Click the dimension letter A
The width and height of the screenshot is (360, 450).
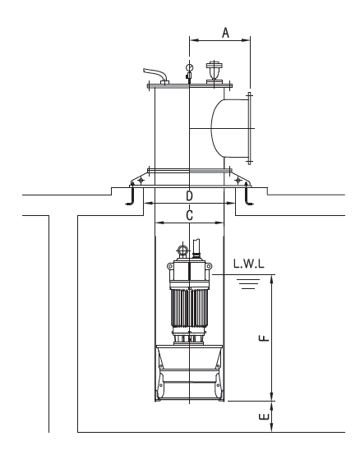(225, 32)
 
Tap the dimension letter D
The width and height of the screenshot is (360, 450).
(189, 195)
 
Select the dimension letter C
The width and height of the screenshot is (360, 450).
(189, 215)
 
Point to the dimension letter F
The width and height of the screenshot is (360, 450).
(264, 337)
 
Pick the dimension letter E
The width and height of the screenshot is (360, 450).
(264, 416)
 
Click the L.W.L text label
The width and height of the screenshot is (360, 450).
(249, 264)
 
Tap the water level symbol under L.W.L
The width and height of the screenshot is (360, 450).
(249, 283)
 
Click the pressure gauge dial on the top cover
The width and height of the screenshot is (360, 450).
(189, 67)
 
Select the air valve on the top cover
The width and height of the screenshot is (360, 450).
(215, 71)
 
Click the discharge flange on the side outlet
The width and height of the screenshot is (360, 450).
(249, 128)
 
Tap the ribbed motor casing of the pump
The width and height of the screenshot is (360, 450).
(189, 308)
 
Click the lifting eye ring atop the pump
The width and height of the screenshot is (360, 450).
(182, 250)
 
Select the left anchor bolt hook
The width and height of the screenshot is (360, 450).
(131, 195)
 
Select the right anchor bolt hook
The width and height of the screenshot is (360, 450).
(248, 195)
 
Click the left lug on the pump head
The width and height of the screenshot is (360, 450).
(170, 266)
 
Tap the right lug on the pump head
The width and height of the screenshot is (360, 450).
(209, 266)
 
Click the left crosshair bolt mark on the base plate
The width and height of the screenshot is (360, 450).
(141, 180)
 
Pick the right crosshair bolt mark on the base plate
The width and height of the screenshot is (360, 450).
(238, 180)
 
